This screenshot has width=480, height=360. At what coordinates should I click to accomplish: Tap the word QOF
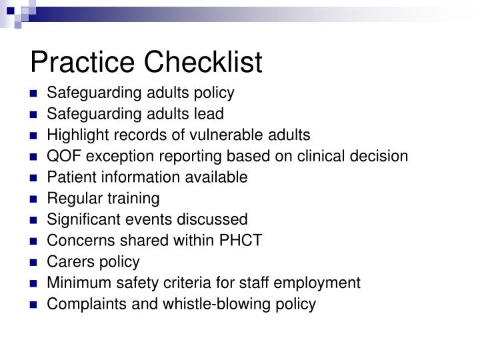[61, 156]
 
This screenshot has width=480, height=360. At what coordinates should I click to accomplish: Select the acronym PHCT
[244, 240]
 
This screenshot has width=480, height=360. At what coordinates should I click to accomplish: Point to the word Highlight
[73, 135]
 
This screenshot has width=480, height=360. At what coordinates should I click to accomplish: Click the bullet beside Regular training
[33, 199]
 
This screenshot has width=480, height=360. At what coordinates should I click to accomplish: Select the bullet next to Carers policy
[33, 262]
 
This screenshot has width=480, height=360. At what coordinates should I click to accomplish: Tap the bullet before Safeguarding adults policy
[33, 93]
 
